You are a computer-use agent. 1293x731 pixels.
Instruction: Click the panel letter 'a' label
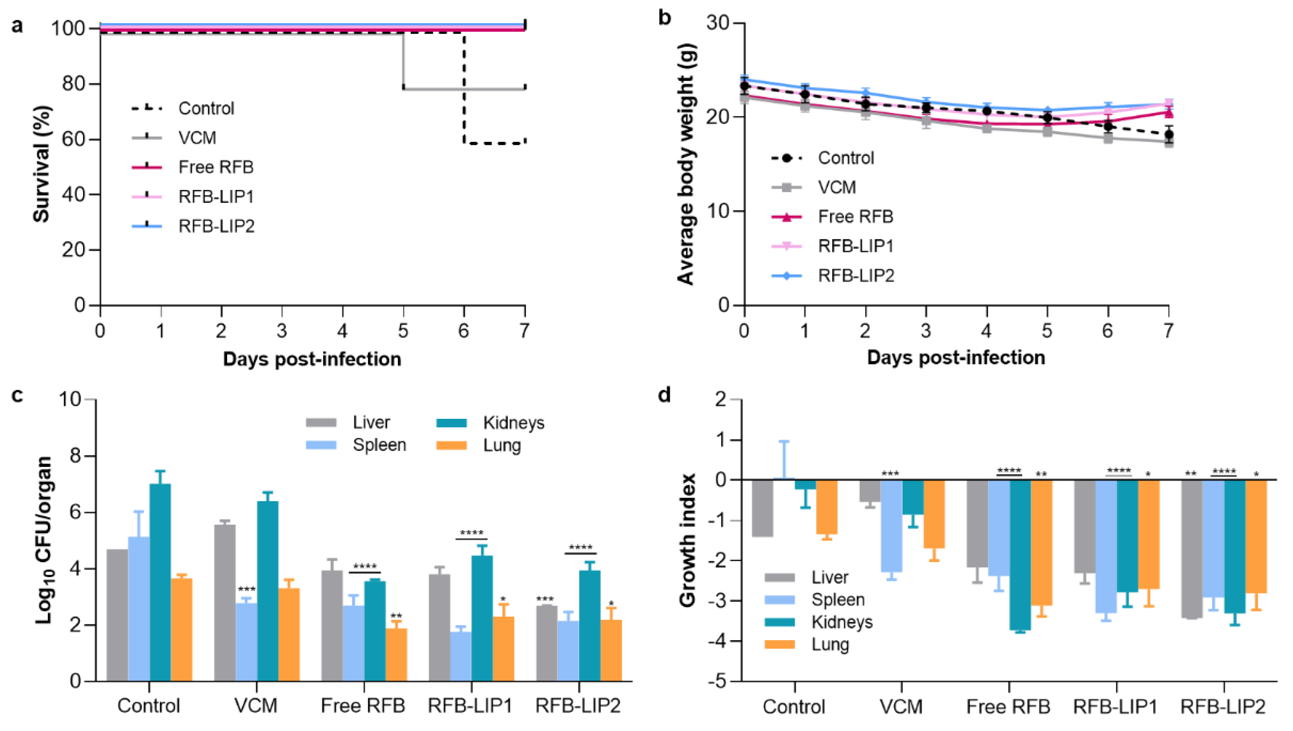click(x=18, y=25)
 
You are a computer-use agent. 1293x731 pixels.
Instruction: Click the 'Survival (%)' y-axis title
click(x=42, y=164)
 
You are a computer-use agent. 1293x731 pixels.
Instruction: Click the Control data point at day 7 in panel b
click(x=1168, y=134)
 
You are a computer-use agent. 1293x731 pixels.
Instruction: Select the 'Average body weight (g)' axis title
click(x=686, y=164)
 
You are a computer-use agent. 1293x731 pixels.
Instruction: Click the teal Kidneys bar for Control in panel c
click(x=160, y=583)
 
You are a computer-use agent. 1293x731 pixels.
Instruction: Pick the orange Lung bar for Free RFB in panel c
click(x=396, y=655)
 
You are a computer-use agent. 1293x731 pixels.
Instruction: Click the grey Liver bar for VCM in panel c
click(x=225, y=603)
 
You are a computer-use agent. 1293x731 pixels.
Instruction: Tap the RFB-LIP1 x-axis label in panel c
click(x=470, y=706)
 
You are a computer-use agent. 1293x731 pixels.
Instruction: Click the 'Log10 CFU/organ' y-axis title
click(x=45, y=540)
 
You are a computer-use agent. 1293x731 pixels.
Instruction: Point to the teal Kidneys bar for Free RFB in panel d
click(x=1020, y=555)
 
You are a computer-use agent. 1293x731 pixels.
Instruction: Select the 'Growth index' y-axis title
click(x=688, y=540)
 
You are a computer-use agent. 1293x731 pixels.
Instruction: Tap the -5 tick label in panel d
click(x=718, y=681)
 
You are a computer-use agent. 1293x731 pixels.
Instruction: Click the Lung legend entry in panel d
click(x=830, y=644)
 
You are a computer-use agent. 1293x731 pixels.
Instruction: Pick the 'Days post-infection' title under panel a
click(x=312, y=360)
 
